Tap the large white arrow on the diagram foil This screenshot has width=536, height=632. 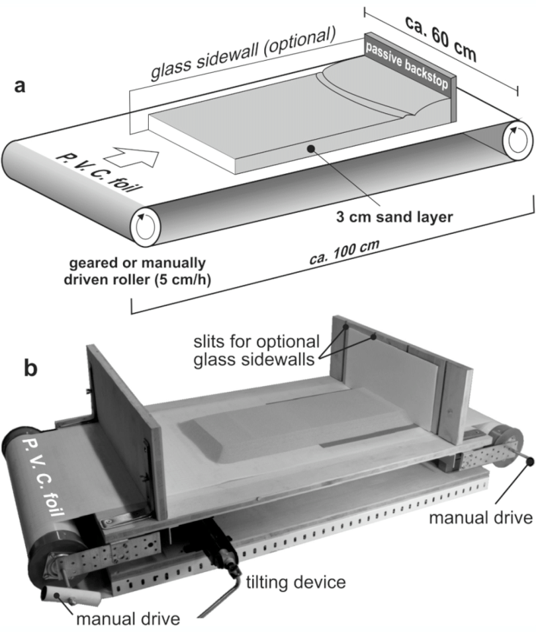140,158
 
